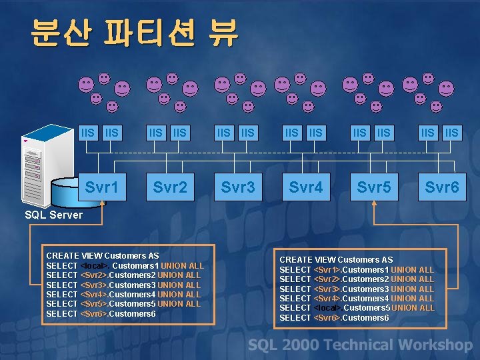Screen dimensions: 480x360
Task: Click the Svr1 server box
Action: coord(102,187)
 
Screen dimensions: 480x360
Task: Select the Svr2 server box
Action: coord(170,187)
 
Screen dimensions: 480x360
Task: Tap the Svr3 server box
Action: coord(238,187)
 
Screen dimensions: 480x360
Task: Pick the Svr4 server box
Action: coord(306,187)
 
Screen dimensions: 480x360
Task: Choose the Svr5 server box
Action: coord(374,187)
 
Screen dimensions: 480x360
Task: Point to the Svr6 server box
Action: coord(442,187)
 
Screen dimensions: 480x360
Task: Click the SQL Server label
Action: coord(53,215)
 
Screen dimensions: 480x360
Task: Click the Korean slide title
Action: coord(134,32)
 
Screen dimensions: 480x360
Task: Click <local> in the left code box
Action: coord(94,266)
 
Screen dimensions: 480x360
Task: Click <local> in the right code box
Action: coord(327,308)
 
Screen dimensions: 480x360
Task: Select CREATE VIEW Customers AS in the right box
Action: coord(336,259)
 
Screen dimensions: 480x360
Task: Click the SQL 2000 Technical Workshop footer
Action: coord(360,345)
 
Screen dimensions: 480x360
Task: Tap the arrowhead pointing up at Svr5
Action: coord(374,207)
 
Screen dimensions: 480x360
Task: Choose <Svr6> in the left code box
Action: coord(94,314)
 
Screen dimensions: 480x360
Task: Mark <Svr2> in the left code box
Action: coord(94,275)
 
